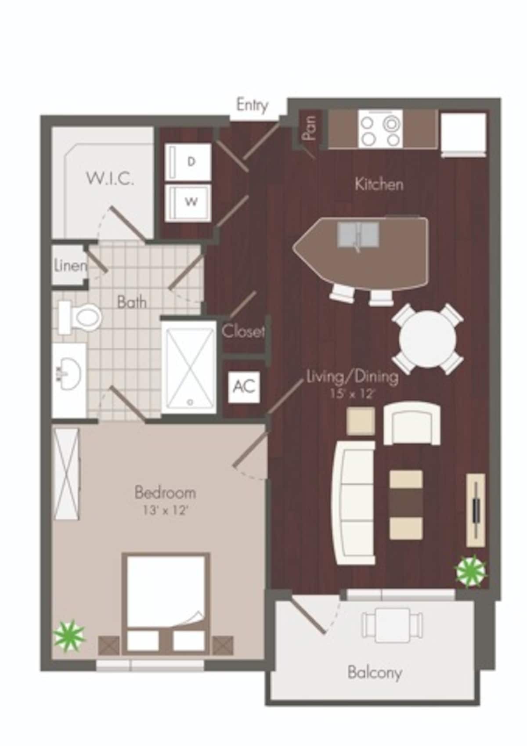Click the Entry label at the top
coord(252,105)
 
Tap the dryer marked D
coord(189,162)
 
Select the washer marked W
coord(189,202)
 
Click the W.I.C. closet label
coord(110,179)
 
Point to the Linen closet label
coord(70,266)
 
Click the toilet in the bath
coord(79,317)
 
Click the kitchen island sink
coord(358,235)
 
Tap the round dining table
coord(427,340)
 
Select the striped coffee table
coord(406,505)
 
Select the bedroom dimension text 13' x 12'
coord(165,511)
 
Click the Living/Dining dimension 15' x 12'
coord(353,394)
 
